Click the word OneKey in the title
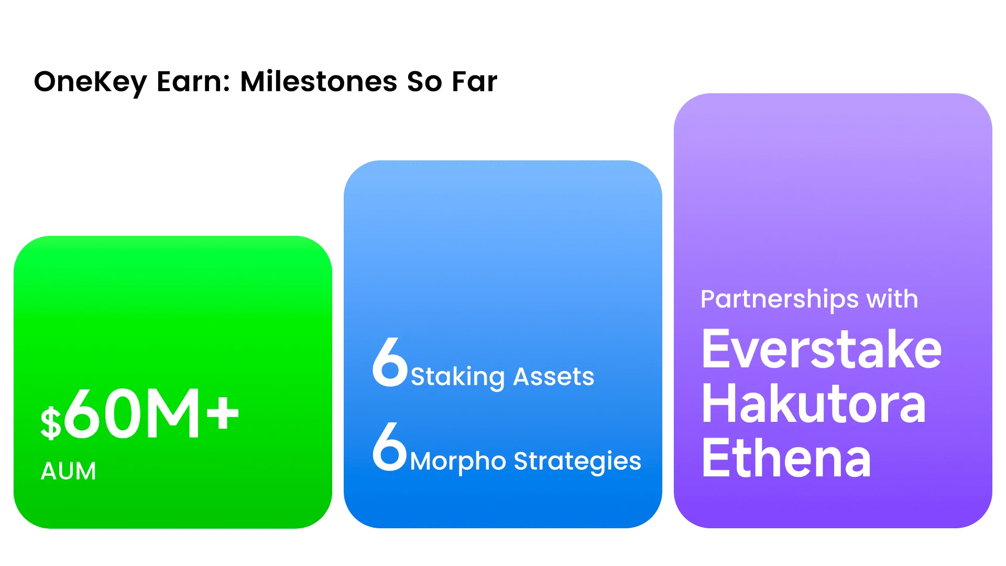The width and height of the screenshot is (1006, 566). click(90, 83)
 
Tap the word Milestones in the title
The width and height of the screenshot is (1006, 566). click(319, 82)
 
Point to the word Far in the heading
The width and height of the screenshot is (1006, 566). click(474, 82)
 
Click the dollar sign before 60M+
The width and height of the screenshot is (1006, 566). click(51, 422)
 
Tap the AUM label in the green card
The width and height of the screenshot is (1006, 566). click(69, 471)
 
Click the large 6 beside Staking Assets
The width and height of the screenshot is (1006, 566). click(390, 362)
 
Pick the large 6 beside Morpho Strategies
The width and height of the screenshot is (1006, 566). click(389, 446)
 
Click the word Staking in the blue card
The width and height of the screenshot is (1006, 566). click(458, 377)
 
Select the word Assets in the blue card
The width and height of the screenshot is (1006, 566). click(554, 376)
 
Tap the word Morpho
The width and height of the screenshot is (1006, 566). click(458, 461)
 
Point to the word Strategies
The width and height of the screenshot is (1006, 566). click(577, 462)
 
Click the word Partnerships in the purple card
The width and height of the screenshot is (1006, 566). click(780, 300)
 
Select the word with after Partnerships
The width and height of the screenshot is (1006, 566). click(892, 299)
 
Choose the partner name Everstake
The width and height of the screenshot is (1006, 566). click(822, 349)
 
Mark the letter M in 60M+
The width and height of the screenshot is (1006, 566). click(172, 414)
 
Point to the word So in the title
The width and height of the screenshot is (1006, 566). click(424, 82)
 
